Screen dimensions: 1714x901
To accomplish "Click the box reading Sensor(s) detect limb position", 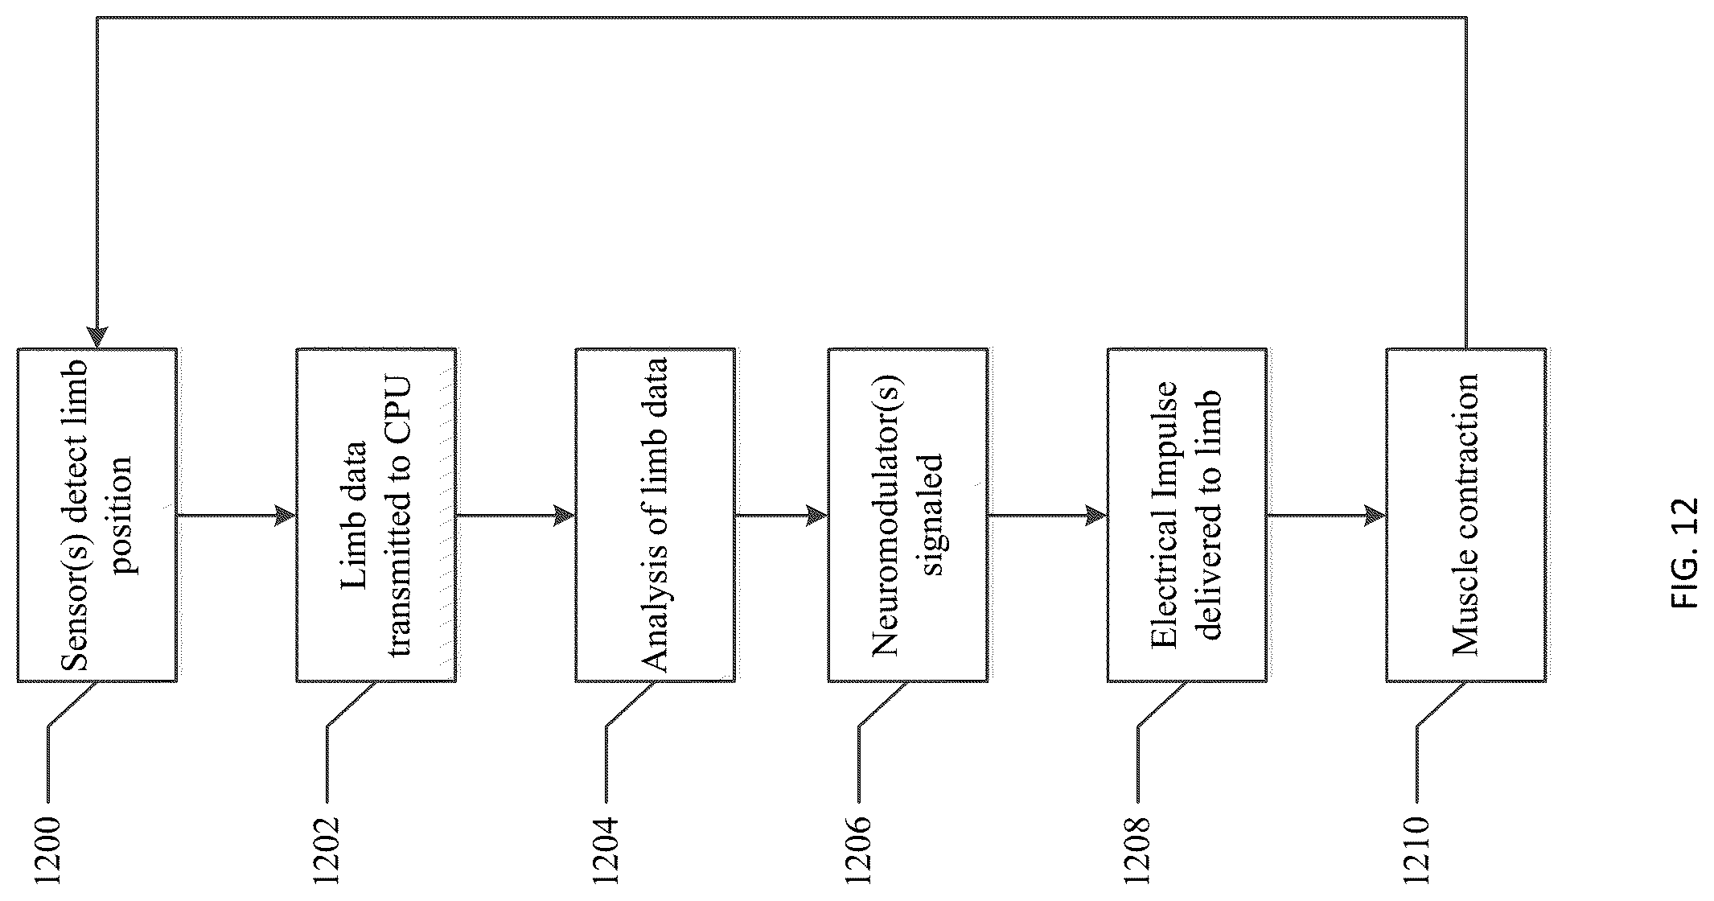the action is pyautogui.click(x=97, y=515).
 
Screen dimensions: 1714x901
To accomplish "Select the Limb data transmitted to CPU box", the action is pyautogui.click(x=376, y=515).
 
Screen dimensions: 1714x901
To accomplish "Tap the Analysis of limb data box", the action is pyautogui.click(x=655, y=515).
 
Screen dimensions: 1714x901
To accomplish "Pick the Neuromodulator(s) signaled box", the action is pyautogui.click(x=908, y=515).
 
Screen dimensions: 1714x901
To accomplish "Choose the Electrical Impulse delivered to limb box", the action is pyautogui.click(x=1187, y=515).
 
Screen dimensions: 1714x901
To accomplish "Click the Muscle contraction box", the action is pyautogui.click(x=1466, y=515).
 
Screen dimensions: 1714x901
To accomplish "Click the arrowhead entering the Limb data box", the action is pyautogui.click(x=286, y=516).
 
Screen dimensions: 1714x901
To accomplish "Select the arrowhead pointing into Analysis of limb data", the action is pyautogui.click(x=565, y=516).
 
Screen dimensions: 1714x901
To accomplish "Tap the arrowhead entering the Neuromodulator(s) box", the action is pyautogui.click(x=817, y=516).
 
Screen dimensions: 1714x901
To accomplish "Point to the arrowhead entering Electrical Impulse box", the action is pyautogui.click(x=1096, y=516).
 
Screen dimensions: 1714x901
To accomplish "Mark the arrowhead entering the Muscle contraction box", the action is pyautogui.click(x=1375, y=516).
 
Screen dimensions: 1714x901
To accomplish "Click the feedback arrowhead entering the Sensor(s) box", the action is pyautogui.click(x=97, y=337).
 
